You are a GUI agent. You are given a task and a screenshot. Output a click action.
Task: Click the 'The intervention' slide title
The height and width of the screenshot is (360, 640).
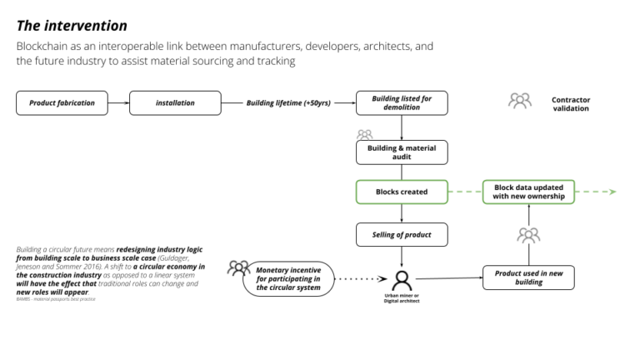72,26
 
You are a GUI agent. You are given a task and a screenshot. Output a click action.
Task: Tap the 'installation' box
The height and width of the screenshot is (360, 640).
175,103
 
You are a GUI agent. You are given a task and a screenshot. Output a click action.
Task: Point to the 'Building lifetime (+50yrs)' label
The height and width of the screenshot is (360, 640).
288,103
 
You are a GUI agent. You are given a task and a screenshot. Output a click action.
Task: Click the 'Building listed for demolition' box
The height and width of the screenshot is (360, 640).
402,103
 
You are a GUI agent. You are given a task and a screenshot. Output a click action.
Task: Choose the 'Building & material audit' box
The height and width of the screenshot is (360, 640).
402,152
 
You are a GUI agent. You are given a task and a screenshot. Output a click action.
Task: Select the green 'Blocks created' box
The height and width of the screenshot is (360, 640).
402,192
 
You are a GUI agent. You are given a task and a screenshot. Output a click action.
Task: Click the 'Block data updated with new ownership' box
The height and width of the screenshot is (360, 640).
528,192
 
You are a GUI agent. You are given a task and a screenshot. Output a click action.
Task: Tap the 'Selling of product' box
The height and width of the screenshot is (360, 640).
402,235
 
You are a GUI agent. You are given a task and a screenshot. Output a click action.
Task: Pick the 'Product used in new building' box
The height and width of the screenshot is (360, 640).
528,277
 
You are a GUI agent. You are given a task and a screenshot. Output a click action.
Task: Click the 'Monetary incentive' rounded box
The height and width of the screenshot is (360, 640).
288,278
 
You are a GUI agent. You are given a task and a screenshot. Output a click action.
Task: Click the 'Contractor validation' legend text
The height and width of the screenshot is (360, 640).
570,104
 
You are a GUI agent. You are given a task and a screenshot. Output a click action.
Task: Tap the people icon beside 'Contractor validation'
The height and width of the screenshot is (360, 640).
520,101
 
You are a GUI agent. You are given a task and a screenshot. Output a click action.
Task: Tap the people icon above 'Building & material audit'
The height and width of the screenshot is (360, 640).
364,134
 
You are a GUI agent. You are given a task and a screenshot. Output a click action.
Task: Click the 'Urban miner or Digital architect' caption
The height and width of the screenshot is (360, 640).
402,298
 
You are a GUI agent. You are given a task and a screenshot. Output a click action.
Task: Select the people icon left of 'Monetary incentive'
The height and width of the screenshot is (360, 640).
238,268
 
